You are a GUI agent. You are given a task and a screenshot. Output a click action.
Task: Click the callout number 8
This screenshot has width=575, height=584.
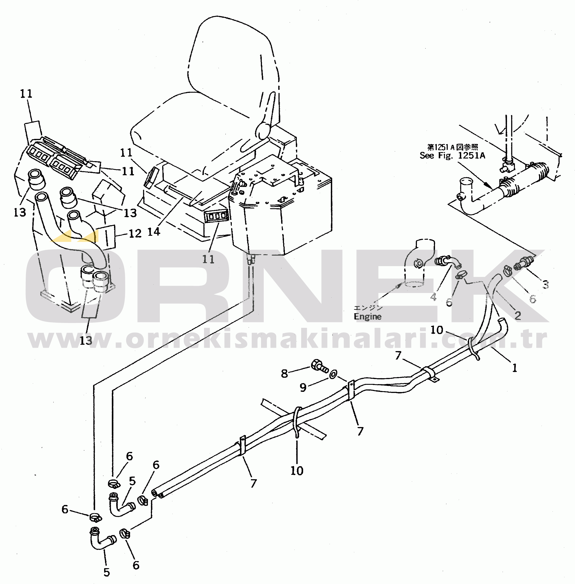coord(284,374)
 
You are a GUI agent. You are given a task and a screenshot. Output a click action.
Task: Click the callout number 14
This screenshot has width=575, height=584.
coord(154,232)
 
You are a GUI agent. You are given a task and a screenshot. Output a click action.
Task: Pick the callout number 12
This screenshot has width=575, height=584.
coord(135,233)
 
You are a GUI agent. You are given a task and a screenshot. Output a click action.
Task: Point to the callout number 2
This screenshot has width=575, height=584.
coord(518,315)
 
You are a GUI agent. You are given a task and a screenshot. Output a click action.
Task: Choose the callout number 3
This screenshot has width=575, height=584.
coord(545,284)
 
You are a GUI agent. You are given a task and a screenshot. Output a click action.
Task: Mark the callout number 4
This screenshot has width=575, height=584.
coord(434,297)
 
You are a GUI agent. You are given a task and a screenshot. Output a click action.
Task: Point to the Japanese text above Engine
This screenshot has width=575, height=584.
coord(368,308)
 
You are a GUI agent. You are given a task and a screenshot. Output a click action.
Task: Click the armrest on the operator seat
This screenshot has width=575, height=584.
coord(263,133)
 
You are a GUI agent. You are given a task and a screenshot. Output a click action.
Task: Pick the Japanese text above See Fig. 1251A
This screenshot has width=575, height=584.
coord(452,147)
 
